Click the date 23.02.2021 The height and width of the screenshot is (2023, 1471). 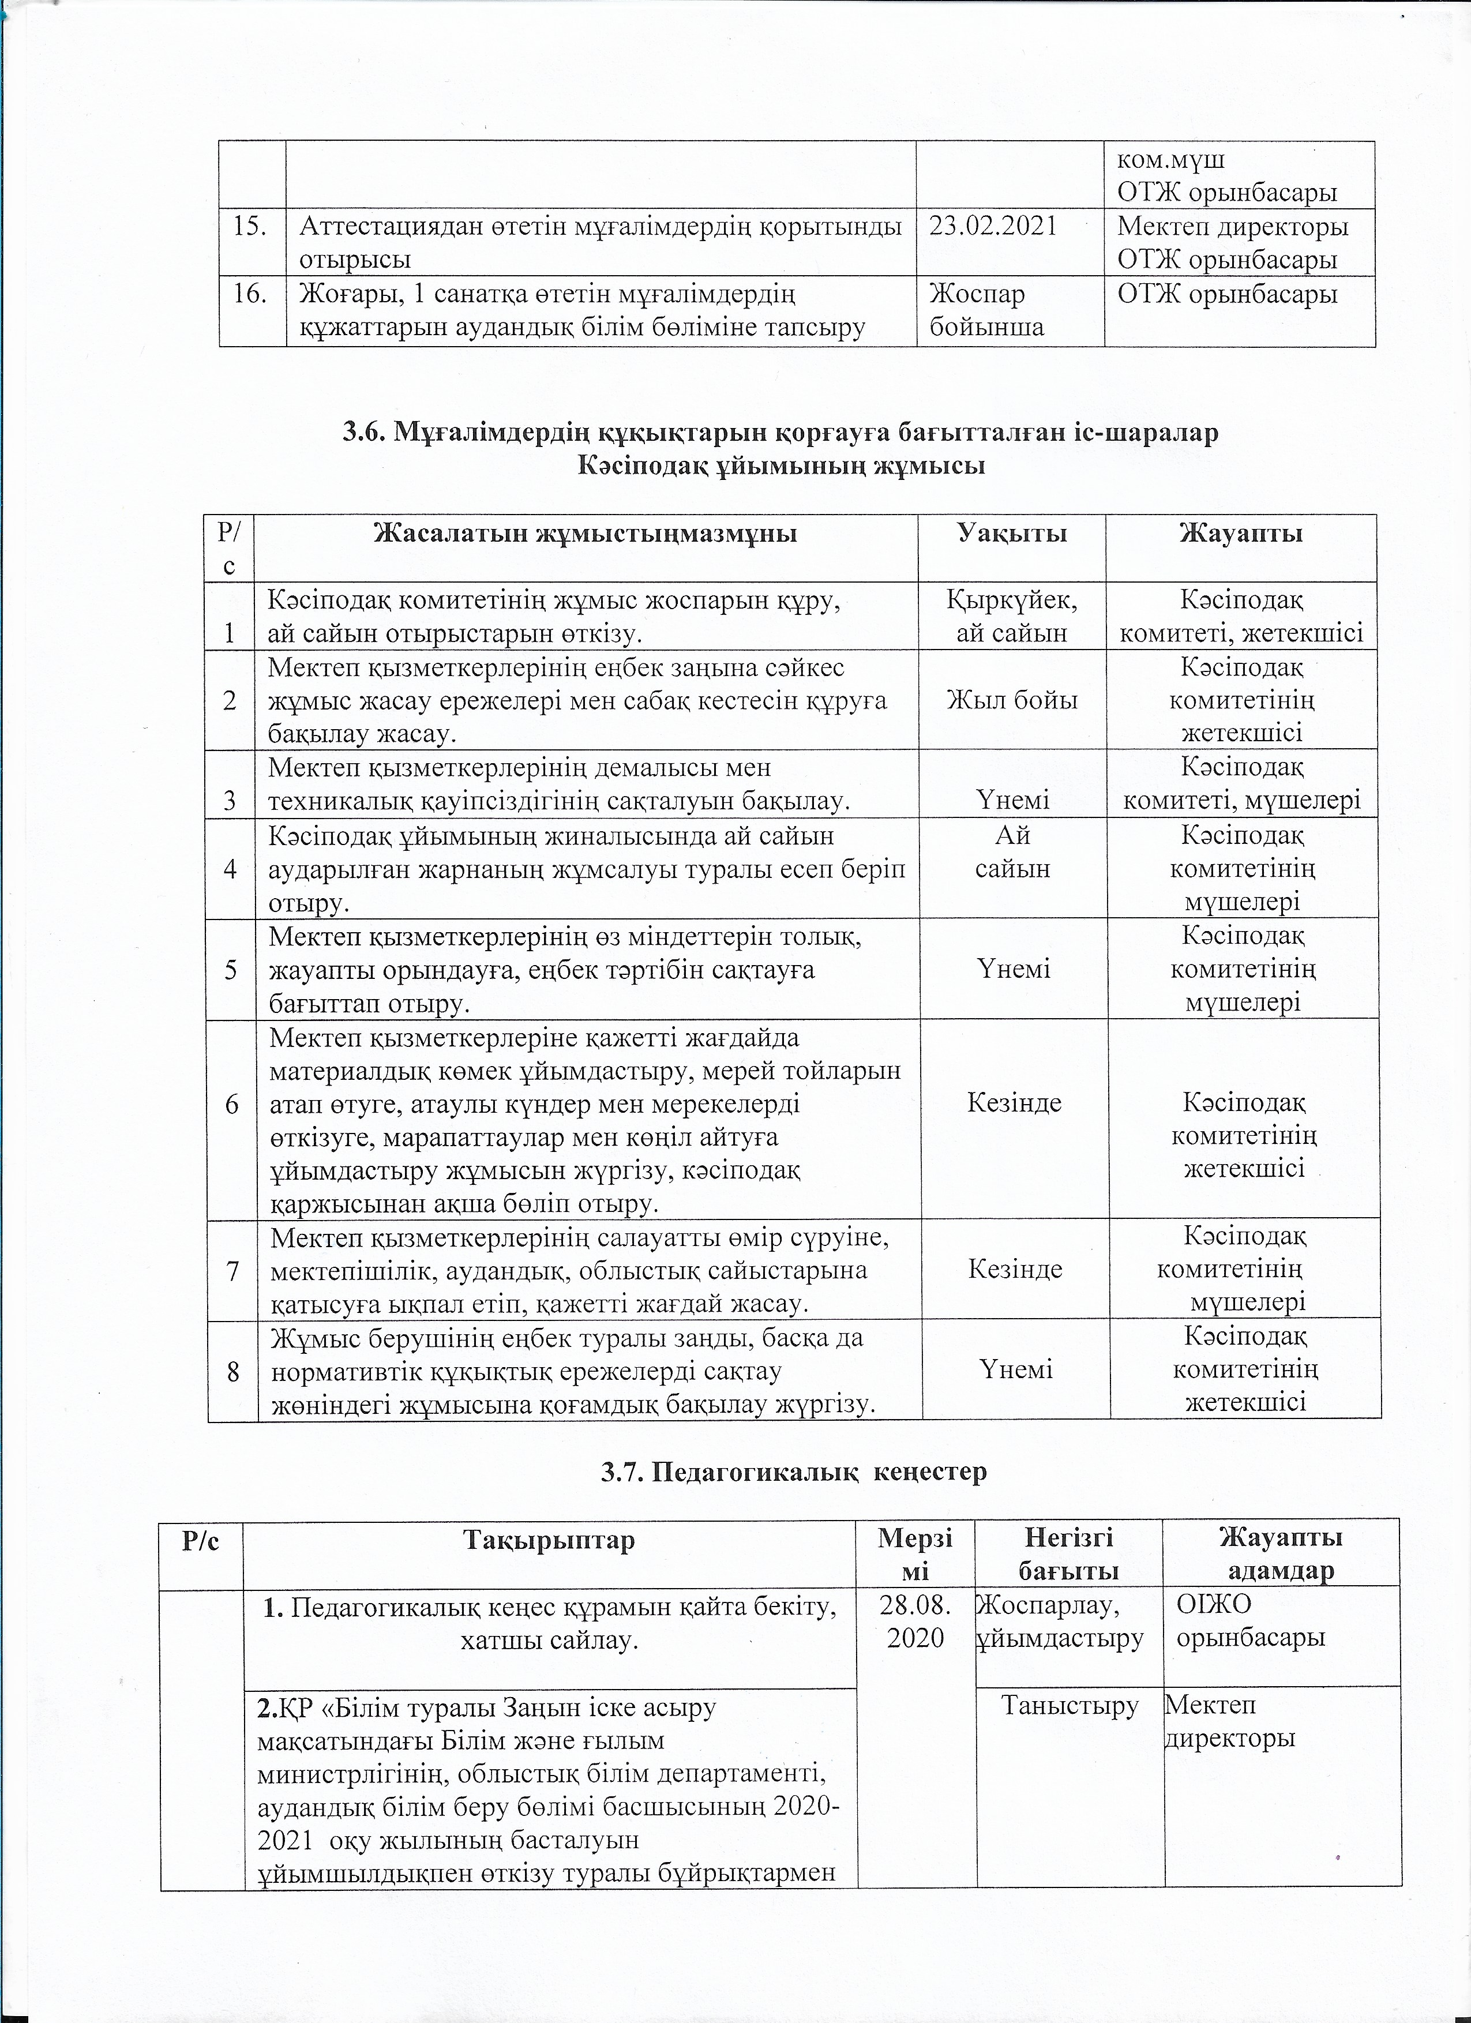[993, 227]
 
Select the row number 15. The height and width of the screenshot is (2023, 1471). [251, 227]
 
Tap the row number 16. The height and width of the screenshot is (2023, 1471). [251, 294]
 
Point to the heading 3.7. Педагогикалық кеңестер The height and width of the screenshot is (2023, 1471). [794, 1471]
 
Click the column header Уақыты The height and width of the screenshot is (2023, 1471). [1012, 534]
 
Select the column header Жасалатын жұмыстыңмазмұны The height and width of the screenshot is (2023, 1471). [585, 534]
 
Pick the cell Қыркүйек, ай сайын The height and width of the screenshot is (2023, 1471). [1012, 616]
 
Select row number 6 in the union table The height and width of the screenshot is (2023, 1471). [232, 1104]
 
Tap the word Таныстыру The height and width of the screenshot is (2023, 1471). [1070, 1706]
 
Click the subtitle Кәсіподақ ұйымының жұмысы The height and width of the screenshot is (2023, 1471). [780, 466]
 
